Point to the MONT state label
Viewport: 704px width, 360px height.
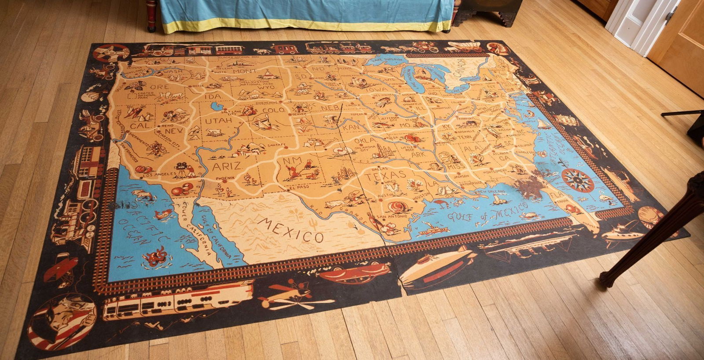coord(245,71)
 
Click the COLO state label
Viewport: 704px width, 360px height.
coord(274,110)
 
